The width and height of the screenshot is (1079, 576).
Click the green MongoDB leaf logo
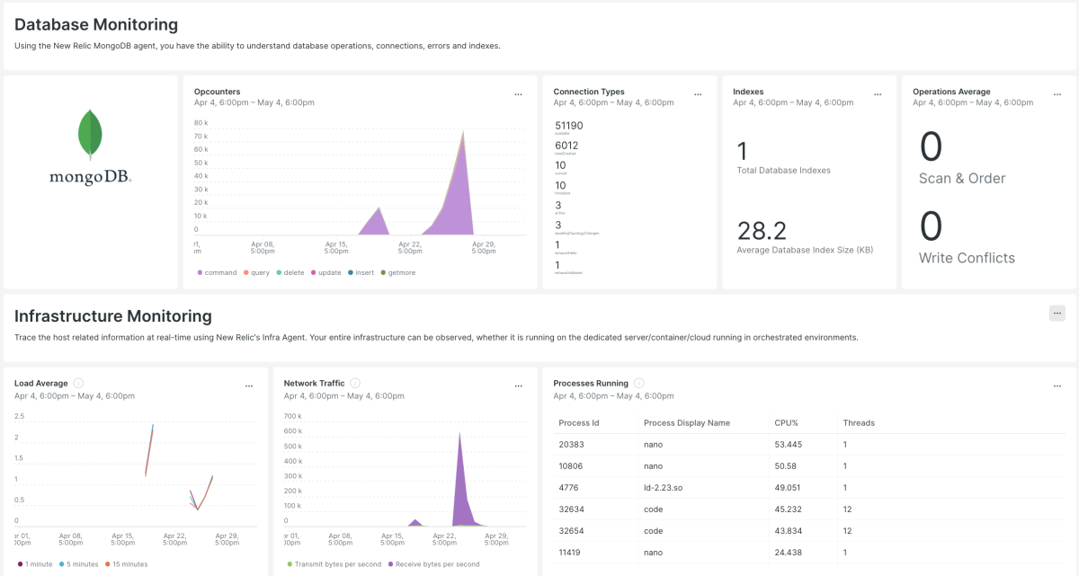[x=90, y=134]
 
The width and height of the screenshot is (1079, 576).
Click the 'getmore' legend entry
[x=401, y=272]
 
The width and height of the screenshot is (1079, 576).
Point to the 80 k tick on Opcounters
[x=201, y=122]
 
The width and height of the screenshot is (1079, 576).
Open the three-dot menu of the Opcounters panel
[x=518, y=94]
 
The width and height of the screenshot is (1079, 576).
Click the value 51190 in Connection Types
[x=569, y=126]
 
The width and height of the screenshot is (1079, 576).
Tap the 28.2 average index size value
[x=762, y=231]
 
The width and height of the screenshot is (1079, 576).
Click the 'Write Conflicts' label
[x=967, y=258]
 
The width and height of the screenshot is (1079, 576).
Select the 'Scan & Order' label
[x=962, y=179]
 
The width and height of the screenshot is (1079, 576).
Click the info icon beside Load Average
[x=78, y=384]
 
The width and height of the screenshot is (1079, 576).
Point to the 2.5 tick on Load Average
[x=19, y=416]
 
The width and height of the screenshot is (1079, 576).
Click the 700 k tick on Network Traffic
[x=291, y=416]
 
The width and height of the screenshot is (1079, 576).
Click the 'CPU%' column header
[x=786, y=422]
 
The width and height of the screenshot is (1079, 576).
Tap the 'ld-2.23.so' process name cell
[x=663, y=488]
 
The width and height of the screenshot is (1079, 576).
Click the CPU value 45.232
[x=788, y=510]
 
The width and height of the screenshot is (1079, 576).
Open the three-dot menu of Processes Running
[x=1057, y=385]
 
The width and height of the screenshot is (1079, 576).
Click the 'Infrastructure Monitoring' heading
[x=113, y=316]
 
